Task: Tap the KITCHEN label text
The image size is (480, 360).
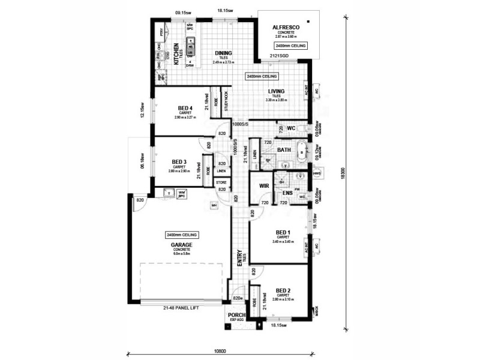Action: pos(176,54)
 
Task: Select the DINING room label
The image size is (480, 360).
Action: pos(223,53)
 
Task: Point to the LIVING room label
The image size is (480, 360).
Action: pos(276,91)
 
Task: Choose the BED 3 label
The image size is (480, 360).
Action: pos(179,162)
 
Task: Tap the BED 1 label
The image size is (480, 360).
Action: pos(283,232)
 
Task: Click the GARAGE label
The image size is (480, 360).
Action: pos(181,245)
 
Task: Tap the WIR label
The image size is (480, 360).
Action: pos(263,187)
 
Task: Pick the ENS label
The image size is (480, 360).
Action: pos(287,193)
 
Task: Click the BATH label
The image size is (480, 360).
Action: pos(284,150)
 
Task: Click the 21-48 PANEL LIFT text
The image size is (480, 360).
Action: pos(180,308)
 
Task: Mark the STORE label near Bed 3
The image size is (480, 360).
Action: pos(221,181)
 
